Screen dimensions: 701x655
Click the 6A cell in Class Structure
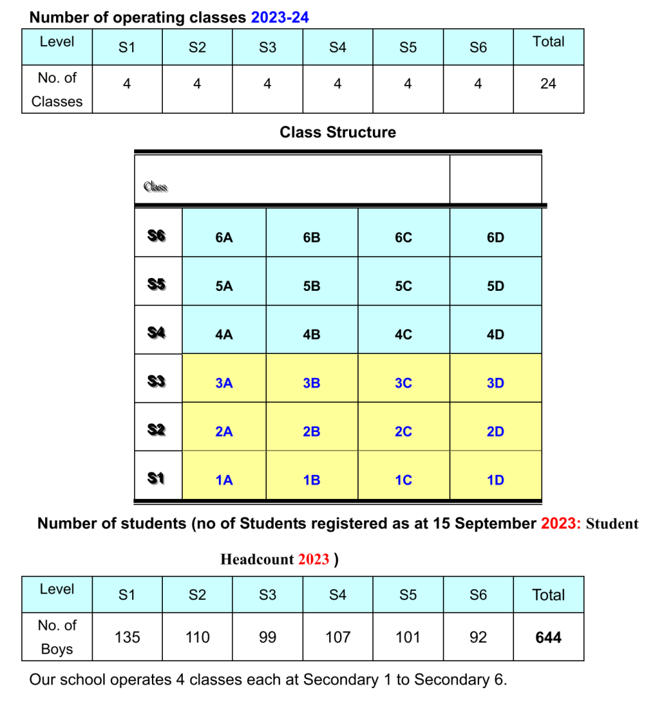tap(224, 238)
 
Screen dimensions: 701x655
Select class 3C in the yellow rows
tap(404, 383)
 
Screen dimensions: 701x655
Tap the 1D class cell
tap(496, 481)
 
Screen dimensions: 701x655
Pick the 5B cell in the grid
tap(311, 286)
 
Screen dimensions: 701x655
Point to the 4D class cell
tap(496, 335)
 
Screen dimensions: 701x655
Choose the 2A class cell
tap(224, 432)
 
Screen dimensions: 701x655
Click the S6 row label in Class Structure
tap(157, 236)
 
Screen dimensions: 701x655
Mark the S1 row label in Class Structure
tap(157, 479)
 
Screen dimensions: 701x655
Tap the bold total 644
tap(548, 638)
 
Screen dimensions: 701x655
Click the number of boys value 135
tap(127, 638)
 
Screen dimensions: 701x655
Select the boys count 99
tap(268, 638)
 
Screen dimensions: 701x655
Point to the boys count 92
tap(478, 638)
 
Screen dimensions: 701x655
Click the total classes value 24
tap(548, 84)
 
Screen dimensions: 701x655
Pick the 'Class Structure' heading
tap(337, 132)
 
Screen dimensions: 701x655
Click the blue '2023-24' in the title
tap(280, 18)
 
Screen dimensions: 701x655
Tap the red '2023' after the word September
tap(561, 524)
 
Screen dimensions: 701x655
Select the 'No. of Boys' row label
tap(57, 637)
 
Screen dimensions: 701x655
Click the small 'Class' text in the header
tap(155, 187)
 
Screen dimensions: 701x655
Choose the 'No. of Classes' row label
tap(57, 90)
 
